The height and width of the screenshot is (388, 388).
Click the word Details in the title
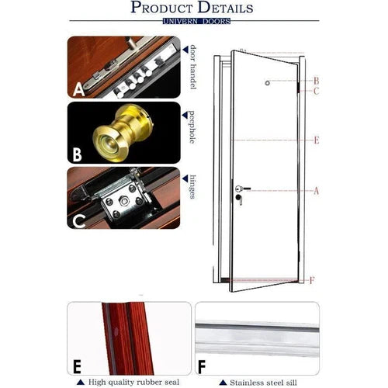tap(225, 9)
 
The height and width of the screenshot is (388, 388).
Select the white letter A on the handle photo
tap(78, 90)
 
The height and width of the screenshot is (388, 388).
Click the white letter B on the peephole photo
tap(77, 154)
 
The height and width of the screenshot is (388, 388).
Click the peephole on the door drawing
tap(266, 83)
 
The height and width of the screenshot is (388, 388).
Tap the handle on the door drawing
tap(237, 188)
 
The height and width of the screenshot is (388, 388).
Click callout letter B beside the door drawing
tap(317, 81)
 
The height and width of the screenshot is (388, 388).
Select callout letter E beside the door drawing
tap(317, 140)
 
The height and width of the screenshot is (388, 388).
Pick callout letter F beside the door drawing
tap(312, 280)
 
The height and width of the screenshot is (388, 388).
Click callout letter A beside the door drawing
tap(316, 190)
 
